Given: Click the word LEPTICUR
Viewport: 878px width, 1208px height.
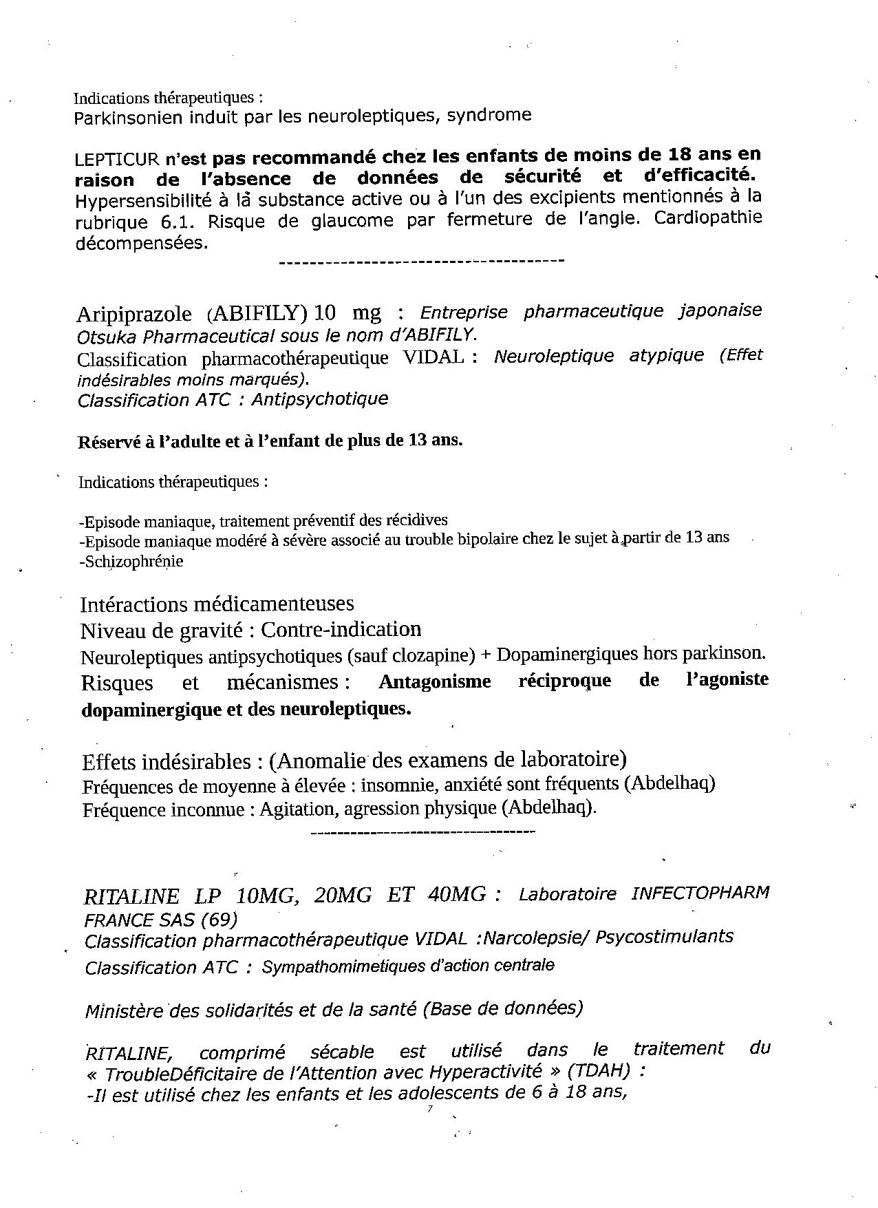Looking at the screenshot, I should (116, 159).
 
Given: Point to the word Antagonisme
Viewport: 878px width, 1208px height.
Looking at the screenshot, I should (435, 681).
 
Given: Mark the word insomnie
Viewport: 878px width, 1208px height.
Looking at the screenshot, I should (399, 785).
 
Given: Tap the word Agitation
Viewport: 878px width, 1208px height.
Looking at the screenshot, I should (298, 809).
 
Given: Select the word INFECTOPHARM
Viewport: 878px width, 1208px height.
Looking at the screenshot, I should (700, 893).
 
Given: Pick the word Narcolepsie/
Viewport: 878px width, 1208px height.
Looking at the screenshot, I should (537, 937).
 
